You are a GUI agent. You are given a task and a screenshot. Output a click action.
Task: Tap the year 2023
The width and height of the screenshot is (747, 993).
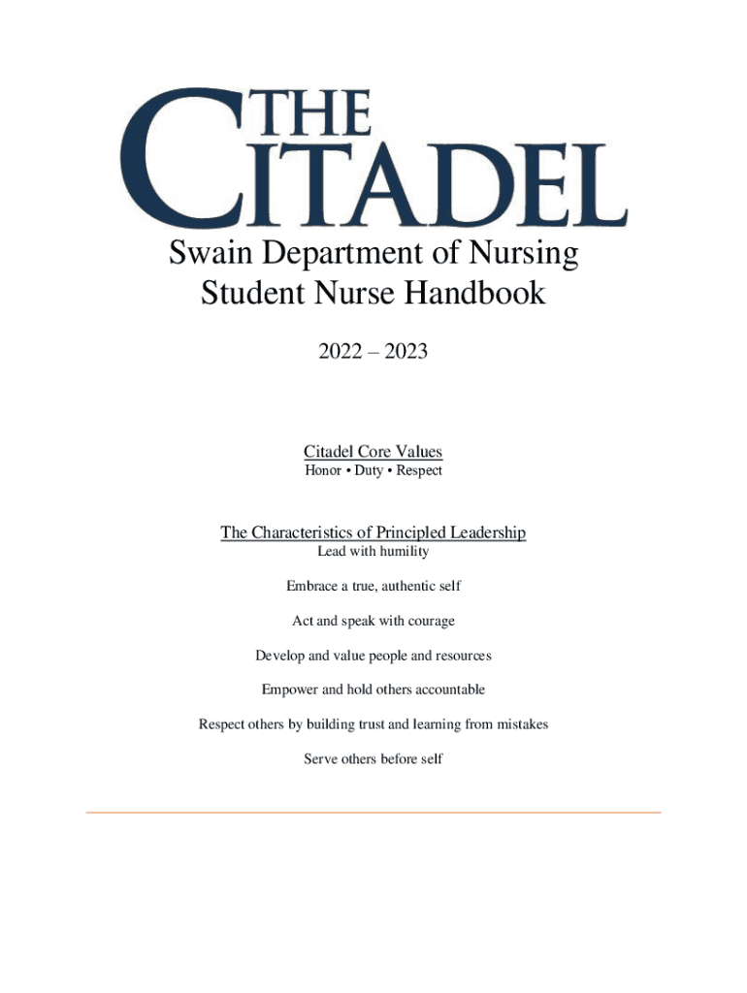406,353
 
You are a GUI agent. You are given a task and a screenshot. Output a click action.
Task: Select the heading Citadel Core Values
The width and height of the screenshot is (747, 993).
373,452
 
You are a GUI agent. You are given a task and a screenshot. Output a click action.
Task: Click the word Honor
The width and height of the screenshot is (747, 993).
323,470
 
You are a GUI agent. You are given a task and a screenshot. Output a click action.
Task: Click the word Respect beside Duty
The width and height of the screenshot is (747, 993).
418,470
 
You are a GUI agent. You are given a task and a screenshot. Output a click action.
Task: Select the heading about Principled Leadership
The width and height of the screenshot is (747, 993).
373,532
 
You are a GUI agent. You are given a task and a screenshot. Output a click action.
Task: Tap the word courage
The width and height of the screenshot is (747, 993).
430,621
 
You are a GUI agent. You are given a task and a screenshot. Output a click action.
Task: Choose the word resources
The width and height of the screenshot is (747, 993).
465,656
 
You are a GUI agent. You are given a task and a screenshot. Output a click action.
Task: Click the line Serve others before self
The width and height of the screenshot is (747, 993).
373,759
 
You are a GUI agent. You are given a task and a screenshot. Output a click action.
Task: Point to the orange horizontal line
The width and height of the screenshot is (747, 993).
373,812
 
